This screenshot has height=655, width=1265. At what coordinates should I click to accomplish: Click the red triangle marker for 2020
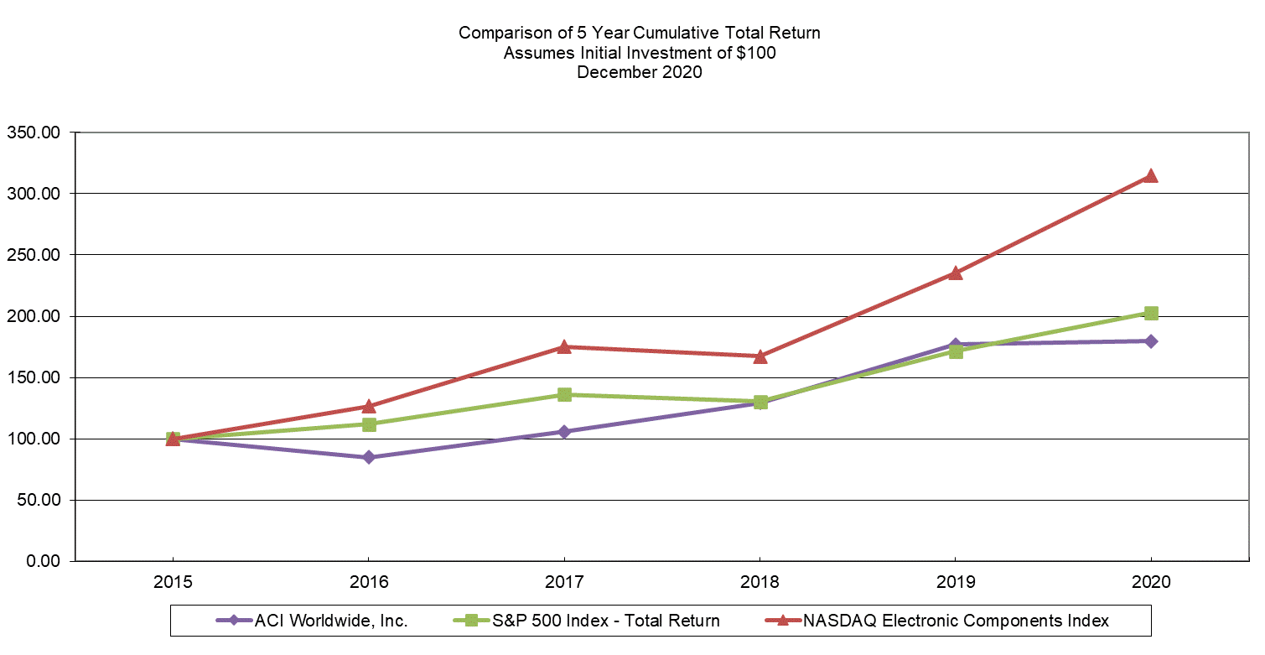pos(1151,176)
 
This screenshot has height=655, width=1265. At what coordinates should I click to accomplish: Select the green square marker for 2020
pos(1151,313)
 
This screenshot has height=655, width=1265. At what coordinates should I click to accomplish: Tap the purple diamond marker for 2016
pos(368,458)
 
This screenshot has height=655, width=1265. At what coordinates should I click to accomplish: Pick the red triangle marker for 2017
pos(564,346)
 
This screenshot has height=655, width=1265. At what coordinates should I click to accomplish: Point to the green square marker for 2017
pos(564,394)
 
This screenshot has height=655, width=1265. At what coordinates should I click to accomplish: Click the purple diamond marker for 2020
pos(1151,341)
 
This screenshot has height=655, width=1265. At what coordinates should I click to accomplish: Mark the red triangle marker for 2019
pos(956,273)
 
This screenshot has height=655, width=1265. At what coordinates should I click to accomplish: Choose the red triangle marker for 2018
pos(760,356)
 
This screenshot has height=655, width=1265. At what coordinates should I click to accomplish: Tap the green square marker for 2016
pos(368,424)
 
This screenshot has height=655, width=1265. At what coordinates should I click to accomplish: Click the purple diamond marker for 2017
pos(564,432)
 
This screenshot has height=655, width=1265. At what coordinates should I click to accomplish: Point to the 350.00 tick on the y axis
pos(34,132)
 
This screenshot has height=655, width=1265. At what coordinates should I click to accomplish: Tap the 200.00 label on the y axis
pos(34,316)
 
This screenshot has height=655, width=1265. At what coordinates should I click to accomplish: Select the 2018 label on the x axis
pos(760,581)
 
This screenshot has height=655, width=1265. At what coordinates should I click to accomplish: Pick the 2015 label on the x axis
pos(173,581)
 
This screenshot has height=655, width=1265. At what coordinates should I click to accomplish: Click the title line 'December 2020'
pos(639,72)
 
